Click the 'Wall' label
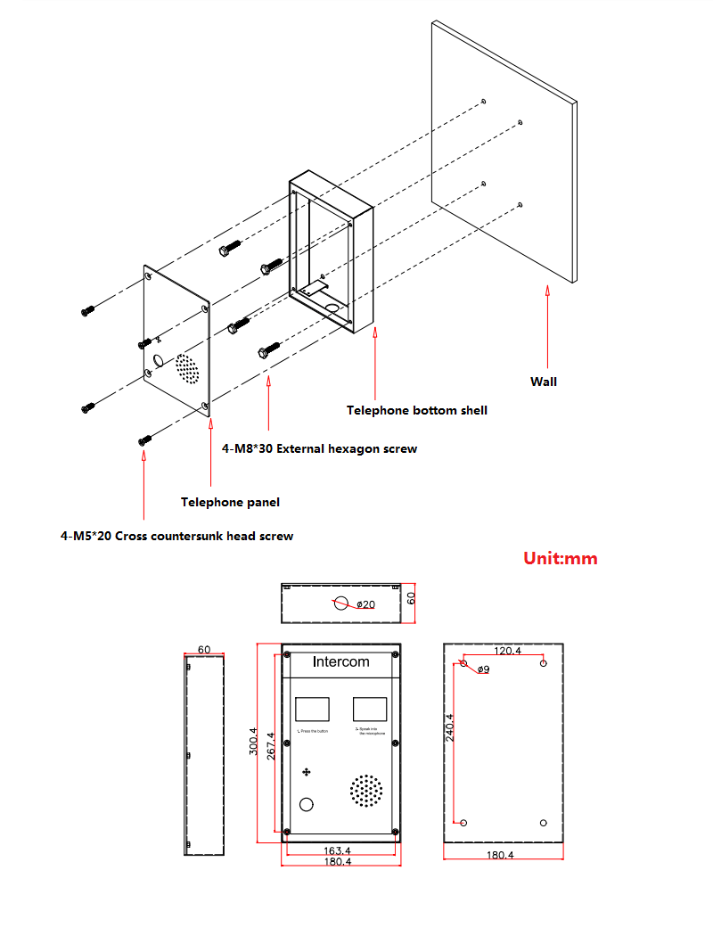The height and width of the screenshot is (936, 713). [544, 382]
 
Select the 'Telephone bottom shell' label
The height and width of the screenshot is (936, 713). [417, 410]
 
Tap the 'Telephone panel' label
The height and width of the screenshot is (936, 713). [230, 502]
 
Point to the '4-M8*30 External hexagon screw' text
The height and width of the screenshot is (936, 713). [319, 448]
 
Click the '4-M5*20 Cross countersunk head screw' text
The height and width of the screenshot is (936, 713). [176, 536]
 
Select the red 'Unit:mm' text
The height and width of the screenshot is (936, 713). [560, 559]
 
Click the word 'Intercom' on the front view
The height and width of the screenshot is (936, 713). [340, 661]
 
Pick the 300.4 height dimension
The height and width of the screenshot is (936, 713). [253, 742]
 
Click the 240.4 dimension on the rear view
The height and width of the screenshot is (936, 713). [450, 727]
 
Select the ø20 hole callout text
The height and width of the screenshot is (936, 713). [365, 604]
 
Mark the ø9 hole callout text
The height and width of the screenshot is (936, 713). [483, 669]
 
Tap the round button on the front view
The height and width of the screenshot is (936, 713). [307, 804]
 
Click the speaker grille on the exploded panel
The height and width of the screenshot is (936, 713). [186, 368]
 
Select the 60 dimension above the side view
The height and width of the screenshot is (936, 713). [204, 650]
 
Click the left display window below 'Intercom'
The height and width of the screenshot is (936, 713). [312, 709]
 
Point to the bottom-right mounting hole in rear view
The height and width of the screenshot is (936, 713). [544, 822]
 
